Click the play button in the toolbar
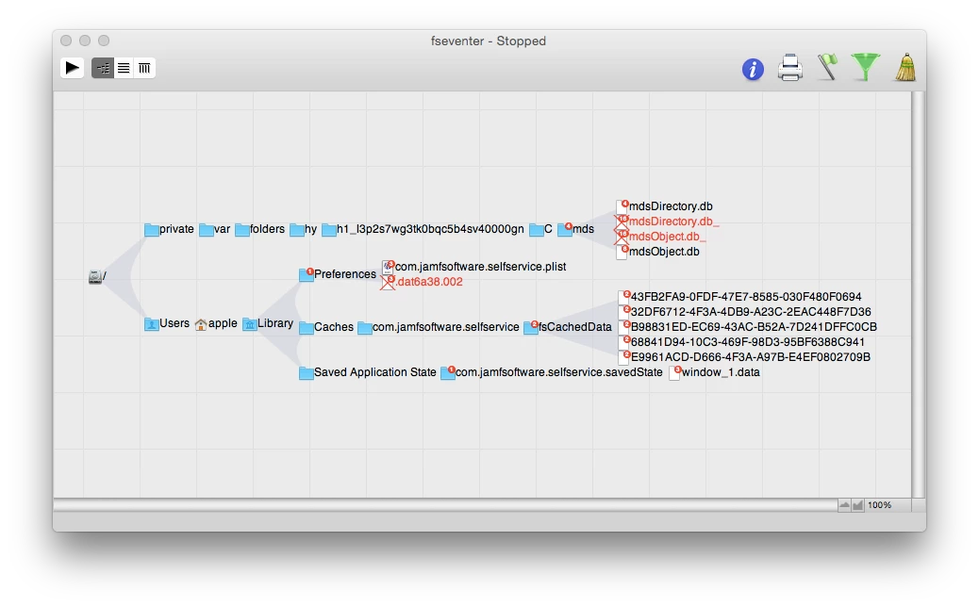73,67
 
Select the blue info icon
753,69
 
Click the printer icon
789,67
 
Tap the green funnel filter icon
866,67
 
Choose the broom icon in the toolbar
905,67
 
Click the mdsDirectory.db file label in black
671,206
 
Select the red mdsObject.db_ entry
668,237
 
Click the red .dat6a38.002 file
429,282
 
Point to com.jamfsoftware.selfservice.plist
480,267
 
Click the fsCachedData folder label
575,327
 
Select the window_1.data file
721,372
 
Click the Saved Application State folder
374,372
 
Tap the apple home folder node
216,324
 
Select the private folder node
169,229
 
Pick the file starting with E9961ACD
751,357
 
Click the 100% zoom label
879,505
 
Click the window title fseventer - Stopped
489,41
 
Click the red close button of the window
66,41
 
